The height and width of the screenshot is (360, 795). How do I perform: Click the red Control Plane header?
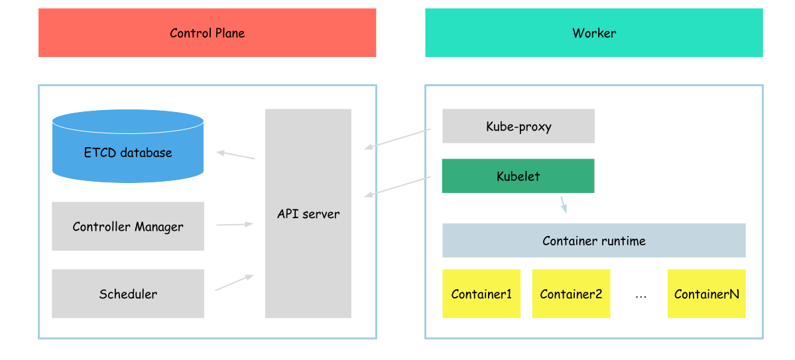coord(207,32)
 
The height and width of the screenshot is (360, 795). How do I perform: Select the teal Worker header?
coord(593,32)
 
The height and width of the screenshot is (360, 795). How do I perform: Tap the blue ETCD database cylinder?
coord(127,147)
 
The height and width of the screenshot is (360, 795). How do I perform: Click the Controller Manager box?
coord(127,226)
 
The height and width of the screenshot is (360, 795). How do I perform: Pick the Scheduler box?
coord(127,294)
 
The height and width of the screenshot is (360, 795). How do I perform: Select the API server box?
coord(308,213)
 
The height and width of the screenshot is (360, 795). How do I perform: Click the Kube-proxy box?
coord(518,126)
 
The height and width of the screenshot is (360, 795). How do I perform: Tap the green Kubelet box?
coord(518,176)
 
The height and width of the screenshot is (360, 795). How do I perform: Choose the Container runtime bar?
coord(593,240)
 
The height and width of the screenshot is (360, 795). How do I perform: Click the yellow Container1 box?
coord(481,294)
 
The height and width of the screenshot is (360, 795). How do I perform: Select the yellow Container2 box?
coord(571,294)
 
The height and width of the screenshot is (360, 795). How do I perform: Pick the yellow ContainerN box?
coord(706,294)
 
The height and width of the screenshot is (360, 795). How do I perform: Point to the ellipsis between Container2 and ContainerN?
coord(641,296)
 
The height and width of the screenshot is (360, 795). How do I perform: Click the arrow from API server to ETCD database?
coord(236,155)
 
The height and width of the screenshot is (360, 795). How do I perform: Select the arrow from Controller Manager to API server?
coord(235,225)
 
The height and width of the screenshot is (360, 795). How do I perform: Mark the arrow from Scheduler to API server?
coord(235,283)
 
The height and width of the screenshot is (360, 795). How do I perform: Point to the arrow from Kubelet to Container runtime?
coord(564,204)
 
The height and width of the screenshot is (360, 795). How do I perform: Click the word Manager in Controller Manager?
coord(159,227)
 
